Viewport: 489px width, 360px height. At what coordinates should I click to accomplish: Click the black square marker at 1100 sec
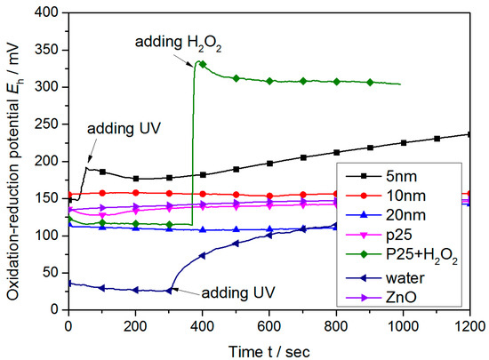click(x=437, y=138)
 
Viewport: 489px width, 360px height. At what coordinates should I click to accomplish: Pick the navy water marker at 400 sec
click(x=202, y=256)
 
